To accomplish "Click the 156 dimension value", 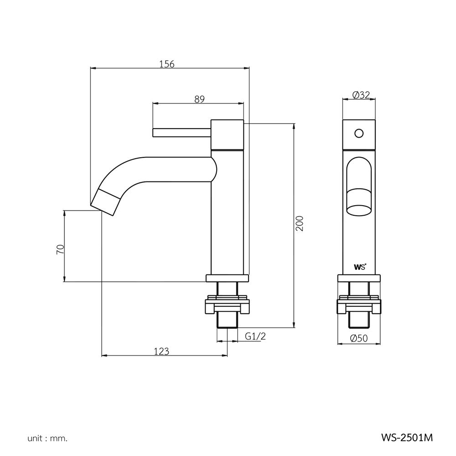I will (x=167, y=64).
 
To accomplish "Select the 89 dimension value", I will (x=199, y=99).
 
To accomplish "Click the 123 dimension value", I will (x=161, y=351).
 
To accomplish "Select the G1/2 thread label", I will (x=255, y=337).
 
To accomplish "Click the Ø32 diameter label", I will (x=361, y=95).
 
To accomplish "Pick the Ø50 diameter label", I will (x=359, y=338).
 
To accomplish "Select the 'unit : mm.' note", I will (x=47, y=439).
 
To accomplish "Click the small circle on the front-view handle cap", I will (x=359, y=134).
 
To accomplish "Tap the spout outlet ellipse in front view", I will (x=359, y=211).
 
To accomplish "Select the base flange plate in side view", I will (x=228, y=277).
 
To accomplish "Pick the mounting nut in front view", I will (x=359, y=306).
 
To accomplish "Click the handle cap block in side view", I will (x=227, y=135).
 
